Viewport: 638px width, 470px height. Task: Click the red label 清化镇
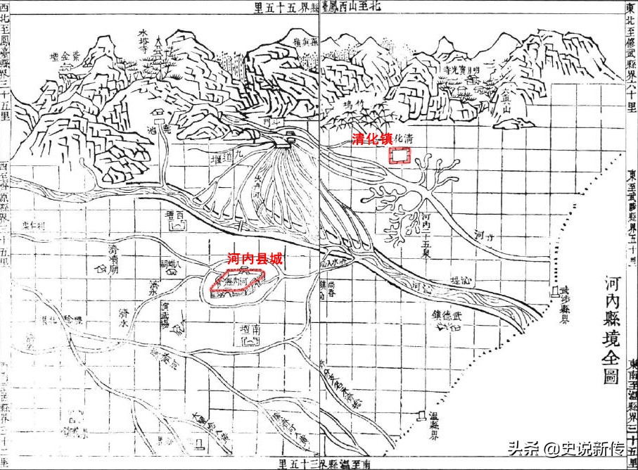point(371,139)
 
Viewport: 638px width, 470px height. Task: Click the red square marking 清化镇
point(400,156)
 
